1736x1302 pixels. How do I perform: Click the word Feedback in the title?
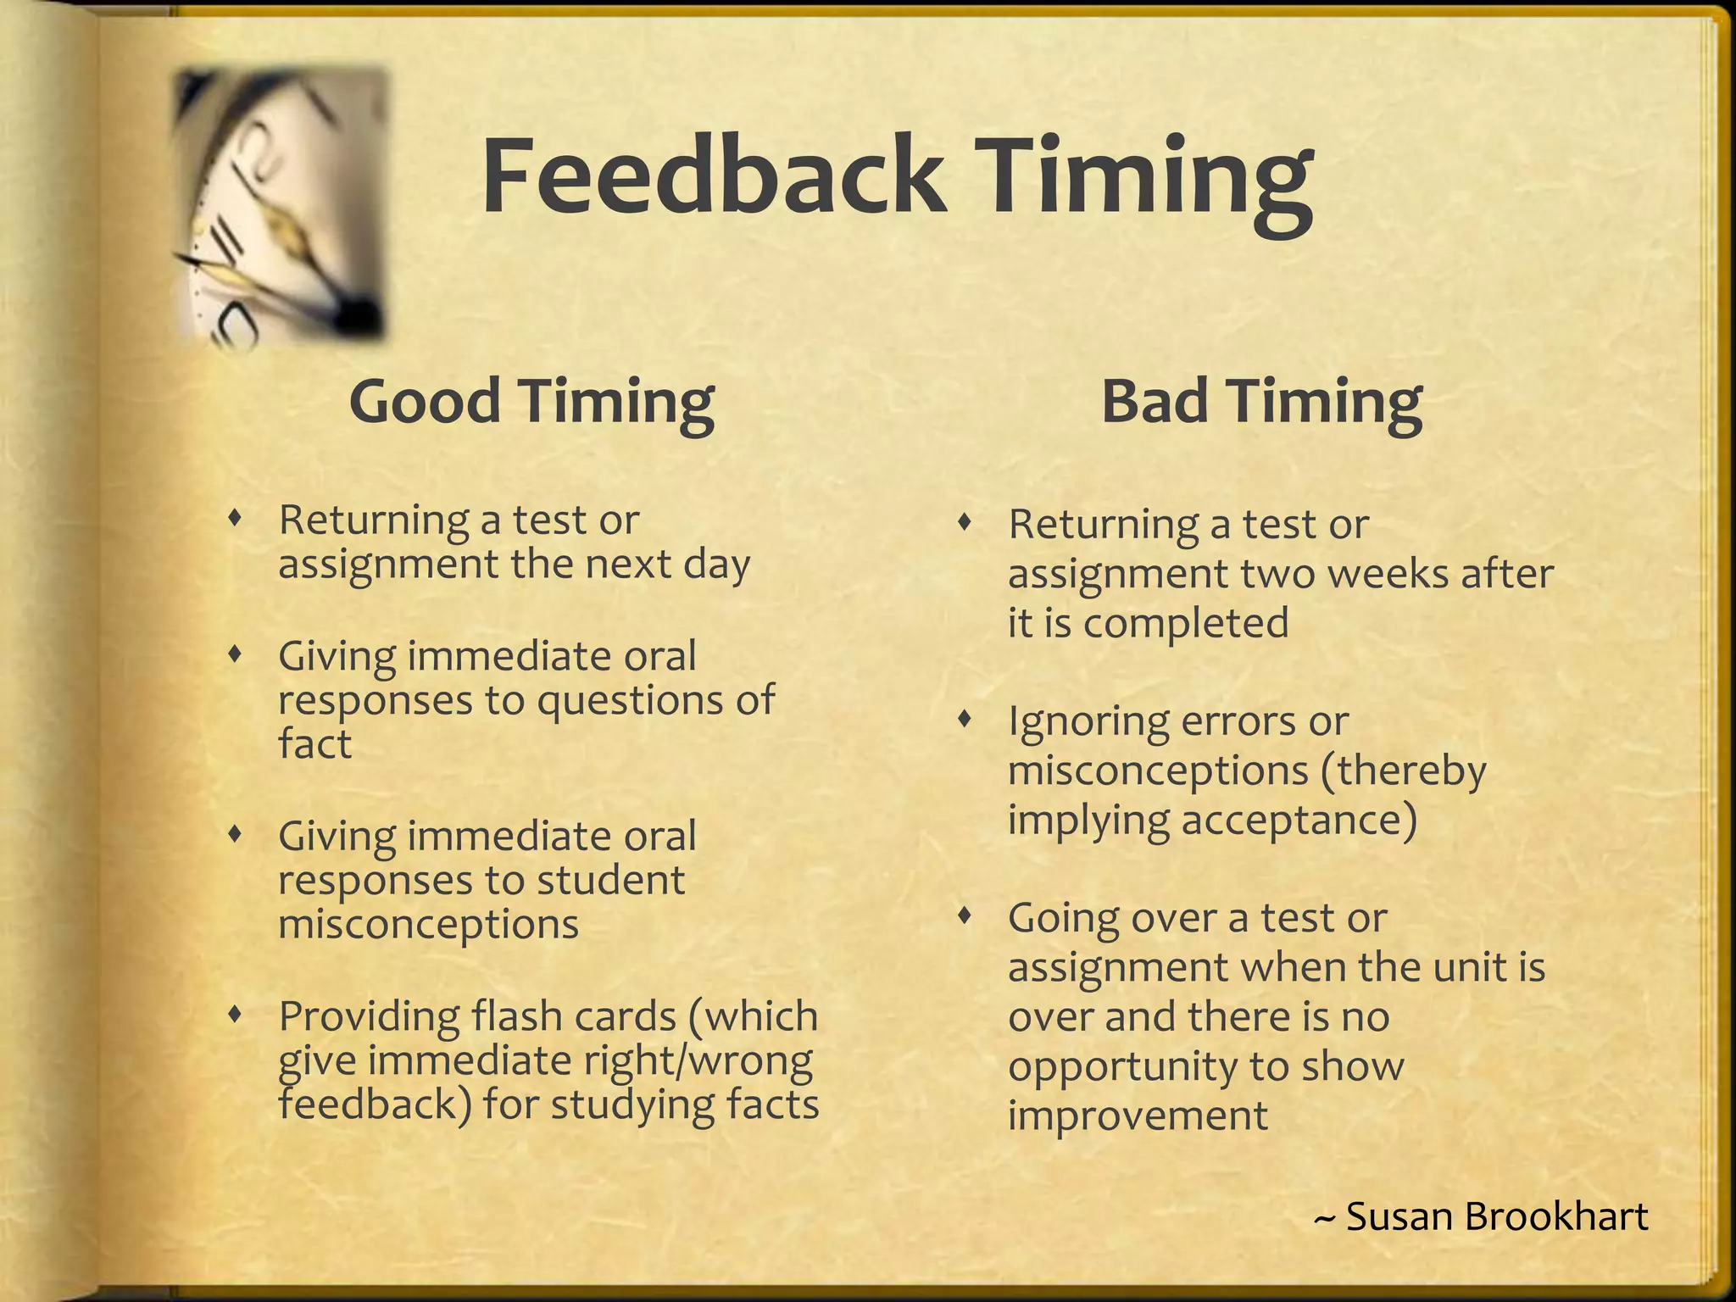click(712, 176)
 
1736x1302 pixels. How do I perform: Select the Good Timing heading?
click(531, 401)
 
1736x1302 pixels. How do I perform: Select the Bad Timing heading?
click(1261, 401)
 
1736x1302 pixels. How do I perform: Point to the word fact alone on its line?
click(314, 744)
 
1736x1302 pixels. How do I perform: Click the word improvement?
click(1138, 1115)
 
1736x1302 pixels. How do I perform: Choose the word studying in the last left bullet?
click(632, 1104)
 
